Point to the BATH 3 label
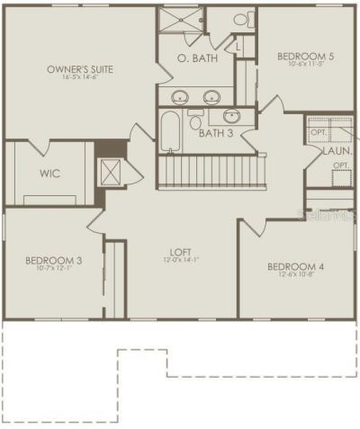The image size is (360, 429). click(x=216, y=133)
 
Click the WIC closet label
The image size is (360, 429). click(x=49, y=173)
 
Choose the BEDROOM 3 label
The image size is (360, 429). click(x=53, y=261)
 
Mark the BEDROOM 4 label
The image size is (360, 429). click(x=296, y=266)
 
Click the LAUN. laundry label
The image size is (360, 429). click(x=336, y=152)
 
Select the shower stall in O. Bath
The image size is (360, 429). click(x=181, y=21)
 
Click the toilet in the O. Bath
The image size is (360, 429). click(x=240, y=19)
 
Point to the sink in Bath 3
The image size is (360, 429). click(x=232, y=115)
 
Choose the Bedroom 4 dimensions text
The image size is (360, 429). click(x=296, y=275)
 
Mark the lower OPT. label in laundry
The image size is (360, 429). click(x=342, y=166)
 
